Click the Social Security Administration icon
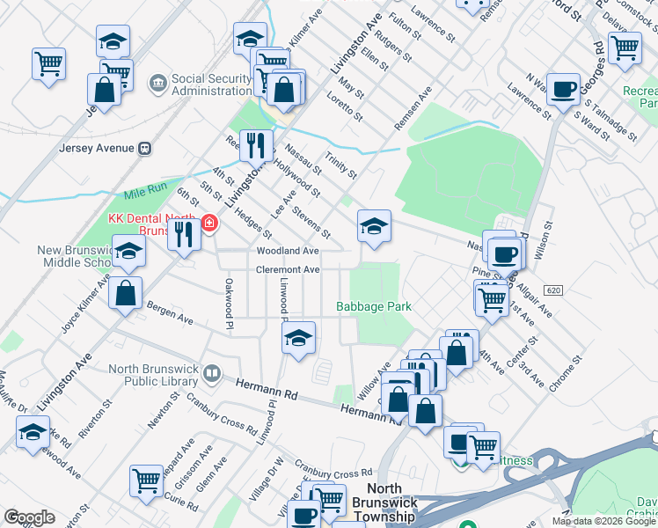pos(158,84)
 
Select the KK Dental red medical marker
pos(209,224)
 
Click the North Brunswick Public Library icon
pos(210,374)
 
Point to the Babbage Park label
pos(374,306)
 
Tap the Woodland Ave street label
pos(287,251)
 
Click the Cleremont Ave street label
pos(287,269)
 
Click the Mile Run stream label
pos(145,193)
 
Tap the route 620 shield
pos(552,290)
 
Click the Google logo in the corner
pos(29,517)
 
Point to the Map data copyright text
pos(604,521)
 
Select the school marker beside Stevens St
pos(374,227)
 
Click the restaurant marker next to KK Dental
pos(184,236)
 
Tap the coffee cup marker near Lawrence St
pos(563,90)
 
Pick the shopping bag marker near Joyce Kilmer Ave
pos(126,294)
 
